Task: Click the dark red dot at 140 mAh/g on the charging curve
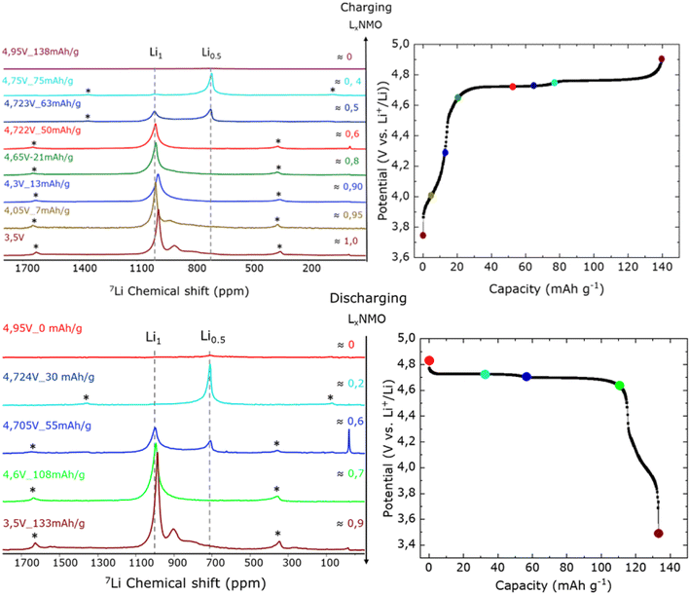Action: pos(662,58)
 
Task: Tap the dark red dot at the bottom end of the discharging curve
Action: pos(659,533)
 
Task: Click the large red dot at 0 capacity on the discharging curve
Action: pos(429,361)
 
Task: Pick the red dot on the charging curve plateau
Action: pos(513,87)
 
